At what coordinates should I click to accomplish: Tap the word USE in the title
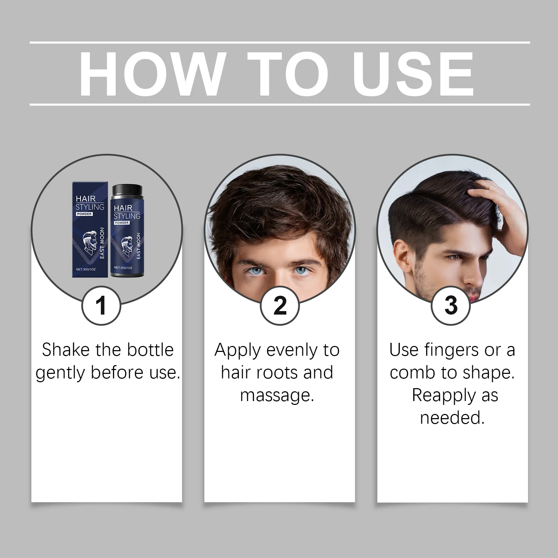pyautogui.click(x=415, y=74)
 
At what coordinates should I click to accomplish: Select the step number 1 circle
pyautogui.click(x=101, y=306)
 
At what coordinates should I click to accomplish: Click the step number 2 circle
pyautogui.click(x=280, y=306)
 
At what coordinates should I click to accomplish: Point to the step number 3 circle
pyautogui.click(x=451, y=306)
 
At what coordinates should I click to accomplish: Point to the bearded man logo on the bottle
pyautogui.click(x=127, y=246)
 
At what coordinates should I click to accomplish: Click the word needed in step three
pyautogui.click(x=452, y=418)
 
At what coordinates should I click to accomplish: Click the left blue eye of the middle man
pyautogui.click(x=258, y=271)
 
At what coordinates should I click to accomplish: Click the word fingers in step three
pyautogui.click(x=452, y=350)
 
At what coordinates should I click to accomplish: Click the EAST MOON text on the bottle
pyautogui.click(x=138, y=246)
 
